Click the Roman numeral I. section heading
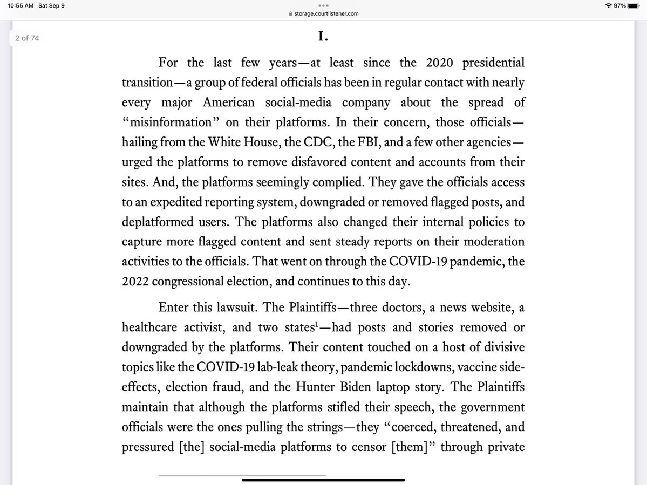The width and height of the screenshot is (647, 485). pyautogui.click(x=323, y=37)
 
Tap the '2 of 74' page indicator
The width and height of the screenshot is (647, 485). pyautogui.click(x=27, y=38)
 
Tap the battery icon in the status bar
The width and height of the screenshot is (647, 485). pyautogui.click(x=633, y=5)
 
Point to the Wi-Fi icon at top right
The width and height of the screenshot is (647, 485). pyautogui.click(x=608, y=5)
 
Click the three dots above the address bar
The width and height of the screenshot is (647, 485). pyautogui.click(x=323, y=5)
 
